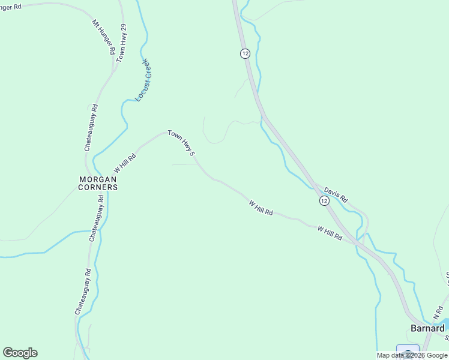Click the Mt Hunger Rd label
pyautogui.click(x=103, y=37)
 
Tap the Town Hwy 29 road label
pyautogui.click(x=122, y=43)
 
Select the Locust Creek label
pyautogui.click(x=142, y=80)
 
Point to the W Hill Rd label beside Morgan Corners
pyautogui.click(x=125, y=163)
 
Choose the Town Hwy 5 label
pyautogui.click(x=182, y=144)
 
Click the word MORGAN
pyautogui.click(x=98, y=179)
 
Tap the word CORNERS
pyautogui.click(x=98, y=187)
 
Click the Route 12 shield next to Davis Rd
pyautogui.click(x=324, y=202)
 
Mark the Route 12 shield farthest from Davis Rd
pyautogui.click(x=245, y=53)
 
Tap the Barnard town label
pyautogui.click(x=427, y=328)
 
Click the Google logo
pyautogui.click(x=20, y=353)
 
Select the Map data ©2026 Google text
pyautogui.click(x=412, y=355)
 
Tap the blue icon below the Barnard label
pyautogui.click(x=408, y=352)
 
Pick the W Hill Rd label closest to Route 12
pyautogui.click(x=330, y=233)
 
